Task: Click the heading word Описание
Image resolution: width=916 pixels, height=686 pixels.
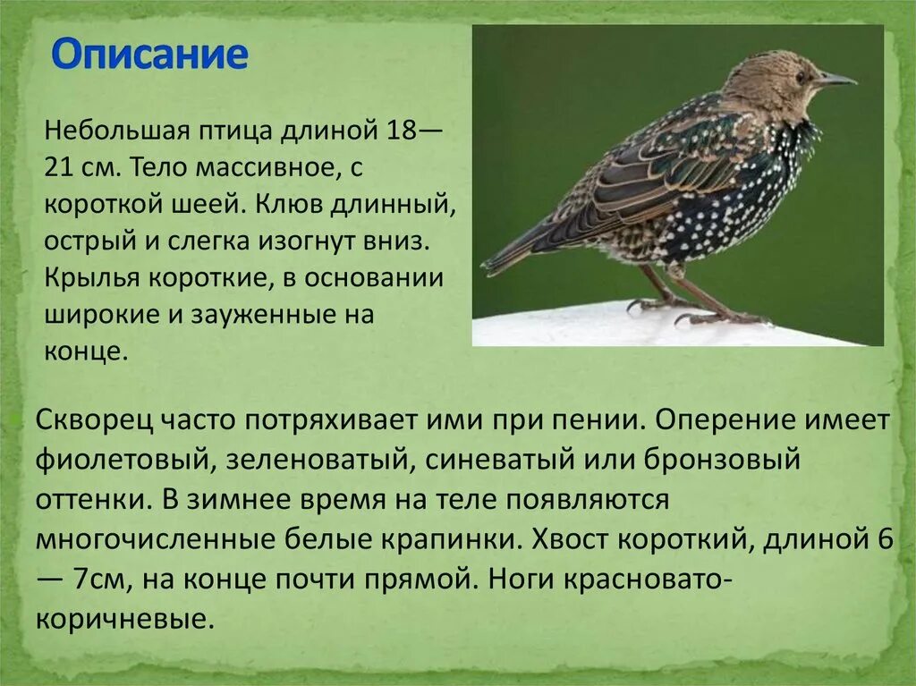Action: pos(148,55)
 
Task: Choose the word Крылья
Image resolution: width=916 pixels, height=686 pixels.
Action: pos(89,278)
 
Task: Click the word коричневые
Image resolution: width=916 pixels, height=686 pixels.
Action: pos(126,618)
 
